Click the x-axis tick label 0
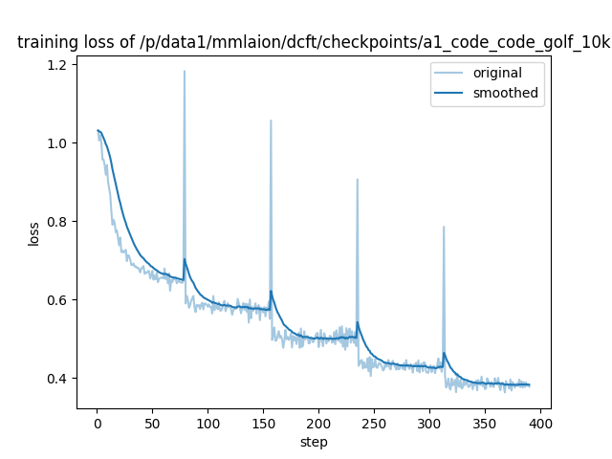point(97,423)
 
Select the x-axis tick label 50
point(152,423)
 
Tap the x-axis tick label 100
point(208,423)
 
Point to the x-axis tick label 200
point(318,423)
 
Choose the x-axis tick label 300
point(429,423)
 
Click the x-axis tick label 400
point(540,423)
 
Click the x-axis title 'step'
point(314,442)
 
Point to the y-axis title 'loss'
point(33,233)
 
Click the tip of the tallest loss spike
point(185,71)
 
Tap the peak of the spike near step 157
point(271,120)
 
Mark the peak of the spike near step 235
point(358,179)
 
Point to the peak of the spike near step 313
point(444,227)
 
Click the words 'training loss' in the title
point(62,42)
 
